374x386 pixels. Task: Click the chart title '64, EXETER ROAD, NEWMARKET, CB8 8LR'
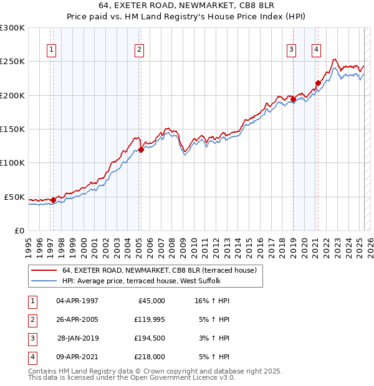pyautogui.click(x=187, y=6)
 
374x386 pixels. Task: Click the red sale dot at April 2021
pyautogui.click(x=318, y=83)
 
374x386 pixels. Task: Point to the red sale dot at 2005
pyautogui.click(x=141, y=149)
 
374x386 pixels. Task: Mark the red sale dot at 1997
pyautogui.click(x=53, y=200)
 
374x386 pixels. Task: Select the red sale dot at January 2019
pyautogui.click(x=294, y=99)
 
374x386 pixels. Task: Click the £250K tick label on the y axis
pyautogui.click(x=12, y=62)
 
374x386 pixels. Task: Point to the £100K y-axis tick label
pyautogui.click(x=12, y=162)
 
